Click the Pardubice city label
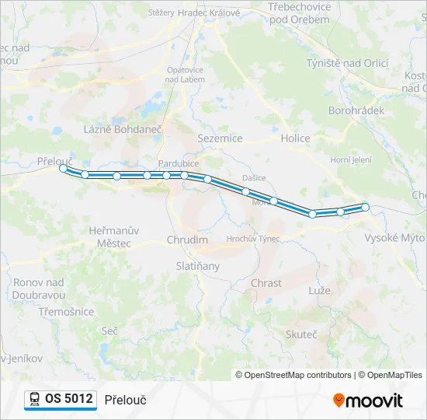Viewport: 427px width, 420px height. click(178, 163)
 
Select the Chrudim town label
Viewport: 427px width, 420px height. click(187, 240)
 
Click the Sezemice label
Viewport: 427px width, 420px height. click(220, 138)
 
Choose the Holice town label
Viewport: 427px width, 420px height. click(295, 138)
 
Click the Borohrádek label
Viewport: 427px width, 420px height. click(356, 110)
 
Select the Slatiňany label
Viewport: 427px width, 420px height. click(197, 266)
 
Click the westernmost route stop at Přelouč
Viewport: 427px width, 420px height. click(63, 167)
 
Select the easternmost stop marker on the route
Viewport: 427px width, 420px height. click(365, 207)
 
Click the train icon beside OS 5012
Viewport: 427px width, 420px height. click(35, 399)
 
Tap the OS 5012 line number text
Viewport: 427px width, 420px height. click(69, 399)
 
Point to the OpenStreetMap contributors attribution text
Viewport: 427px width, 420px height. click(296, 375)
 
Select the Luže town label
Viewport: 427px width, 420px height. click(319, 290)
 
